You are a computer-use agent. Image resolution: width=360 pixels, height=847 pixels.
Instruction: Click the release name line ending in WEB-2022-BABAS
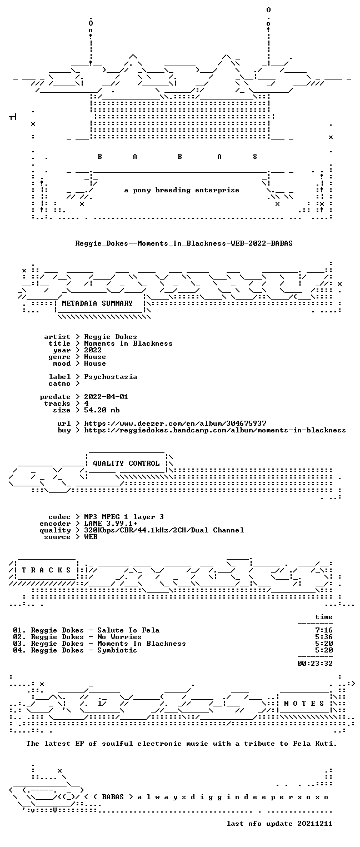(184, 243)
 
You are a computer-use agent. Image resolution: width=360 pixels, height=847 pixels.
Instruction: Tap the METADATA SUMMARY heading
(97, 303)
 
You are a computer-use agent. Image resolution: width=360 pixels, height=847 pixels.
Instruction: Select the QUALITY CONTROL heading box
(126, 463)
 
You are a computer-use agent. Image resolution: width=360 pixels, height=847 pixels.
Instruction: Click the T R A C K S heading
(47, 570)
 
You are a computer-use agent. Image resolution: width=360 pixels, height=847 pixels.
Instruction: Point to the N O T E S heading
(304, 703)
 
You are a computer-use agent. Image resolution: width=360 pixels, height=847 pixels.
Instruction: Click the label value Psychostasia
(111, 377)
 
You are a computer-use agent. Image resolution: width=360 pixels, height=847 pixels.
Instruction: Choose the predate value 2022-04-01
(106, 397)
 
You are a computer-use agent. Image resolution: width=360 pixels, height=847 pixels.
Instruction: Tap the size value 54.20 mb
(102, 410)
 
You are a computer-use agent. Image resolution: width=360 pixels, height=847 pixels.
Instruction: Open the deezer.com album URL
(175, 423)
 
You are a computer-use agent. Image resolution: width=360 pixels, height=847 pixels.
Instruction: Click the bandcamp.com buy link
(215, 430)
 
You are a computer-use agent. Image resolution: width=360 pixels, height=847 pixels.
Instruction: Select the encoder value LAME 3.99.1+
(111, 524)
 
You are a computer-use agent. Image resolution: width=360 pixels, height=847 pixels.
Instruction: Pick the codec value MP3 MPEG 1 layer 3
(124, 517)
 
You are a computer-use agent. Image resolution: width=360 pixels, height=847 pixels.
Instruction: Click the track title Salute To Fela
(128, 630)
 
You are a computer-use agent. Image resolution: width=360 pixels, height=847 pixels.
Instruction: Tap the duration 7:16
(324, 630)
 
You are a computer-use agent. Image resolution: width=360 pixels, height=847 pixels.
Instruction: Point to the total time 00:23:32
(315, 663)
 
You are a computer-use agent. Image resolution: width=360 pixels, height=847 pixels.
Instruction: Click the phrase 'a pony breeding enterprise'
(182, 190)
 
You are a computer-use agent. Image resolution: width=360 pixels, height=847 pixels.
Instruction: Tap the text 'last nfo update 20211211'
(279, 823)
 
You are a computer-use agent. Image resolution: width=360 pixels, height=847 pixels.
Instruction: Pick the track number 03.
(17, 643)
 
